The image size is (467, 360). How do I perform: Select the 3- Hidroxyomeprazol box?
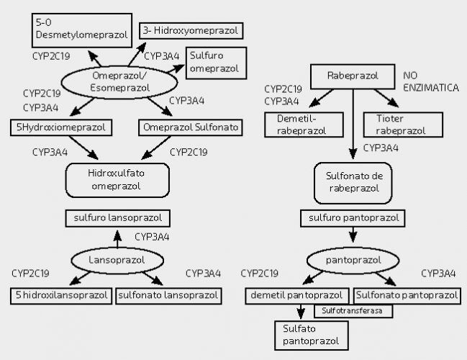pos(189,30)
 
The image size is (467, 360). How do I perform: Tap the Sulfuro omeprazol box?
pos(217,63)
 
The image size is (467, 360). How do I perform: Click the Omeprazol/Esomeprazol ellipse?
pos(120,81)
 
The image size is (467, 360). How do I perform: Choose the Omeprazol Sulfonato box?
pos(189,127)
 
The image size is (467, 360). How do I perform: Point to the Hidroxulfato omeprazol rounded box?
pos(117,179)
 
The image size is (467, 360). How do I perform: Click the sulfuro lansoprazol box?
pos(118,217)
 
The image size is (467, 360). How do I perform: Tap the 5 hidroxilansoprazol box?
pos(63,294)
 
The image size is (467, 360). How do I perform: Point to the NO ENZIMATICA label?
pos(430,81)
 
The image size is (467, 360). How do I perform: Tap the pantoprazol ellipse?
pos(353,259)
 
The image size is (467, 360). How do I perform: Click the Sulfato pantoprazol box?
pos(306,335)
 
